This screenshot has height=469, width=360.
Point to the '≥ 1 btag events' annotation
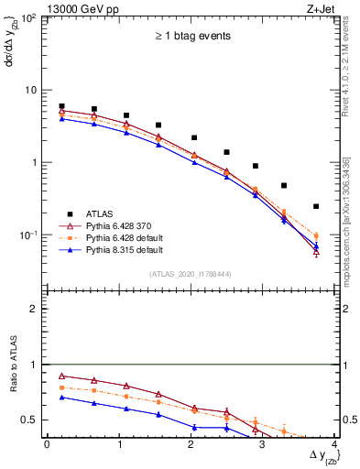(191, 37)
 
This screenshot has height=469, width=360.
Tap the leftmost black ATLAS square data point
(61, 106)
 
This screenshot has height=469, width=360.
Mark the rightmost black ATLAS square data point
(316, 206)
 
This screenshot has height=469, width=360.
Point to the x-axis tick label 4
(335, 445)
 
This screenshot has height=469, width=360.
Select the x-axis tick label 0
(47, 445)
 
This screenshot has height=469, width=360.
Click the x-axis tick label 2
(191, 445)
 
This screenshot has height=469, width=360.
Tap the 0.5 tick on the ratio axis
(33, 420)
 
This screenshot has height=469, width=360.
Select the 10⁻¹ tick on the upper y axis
(30, 235)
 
